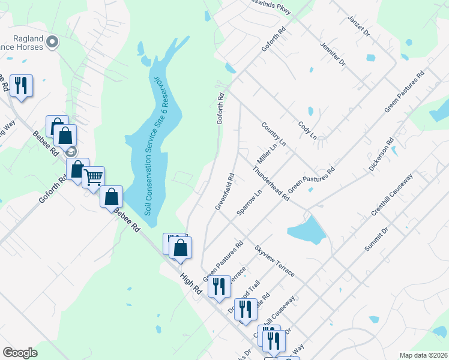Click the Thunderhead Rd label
271,184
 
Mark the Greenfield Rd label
224,191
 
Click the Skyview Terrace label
274,260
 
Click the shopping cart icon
93,178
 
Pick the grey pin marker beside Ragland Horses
52,42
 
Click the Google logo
20,353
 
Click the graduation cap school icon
71,151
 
